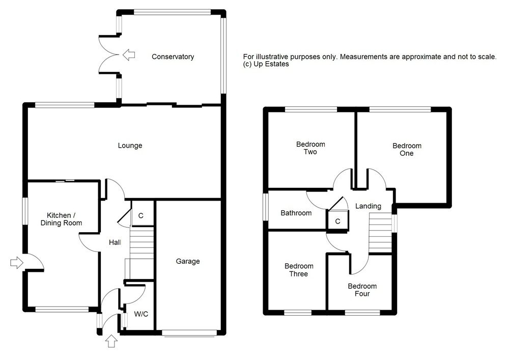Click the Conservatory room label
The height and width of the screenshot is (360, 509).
[173, 57]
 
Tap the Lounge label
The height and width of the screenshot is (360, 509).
[130, 146]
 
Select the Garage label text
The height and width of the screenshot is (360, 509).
[188, 261]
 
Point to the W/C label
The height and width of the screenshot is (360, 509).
[141, 314]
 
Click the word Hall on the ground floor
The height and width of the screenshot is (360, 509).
[115, 242]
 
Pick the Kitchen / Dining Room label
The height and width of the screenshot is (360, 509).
[61, 219]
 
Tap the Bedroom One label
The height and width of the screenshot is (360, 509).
[407, 150]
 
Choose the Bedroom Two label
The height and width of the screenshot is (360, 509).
[310, 148]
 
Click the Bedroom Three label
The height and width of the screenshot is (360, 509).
[299, 270]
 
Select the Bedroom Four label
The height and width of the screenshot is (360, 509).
[362, 290]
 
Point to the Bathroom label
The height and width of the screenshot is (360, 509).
[296, 213]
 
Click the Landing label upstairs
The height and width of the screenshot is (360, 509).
[368, 206]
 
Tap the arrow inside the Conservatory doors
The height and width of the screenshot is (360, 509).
[129, 55]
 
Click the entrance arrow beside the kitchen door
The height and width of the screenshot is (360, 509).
[17, 262]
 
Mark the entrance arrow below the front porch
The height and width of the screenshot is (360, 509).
[111, 342]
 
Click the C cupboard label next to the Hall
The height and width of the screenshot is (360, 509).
[141, 215]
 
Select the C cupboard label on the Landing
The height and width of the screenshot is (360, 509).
[337, 221]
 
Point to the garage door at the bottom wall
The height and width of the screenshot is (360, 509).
[189, 333]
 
